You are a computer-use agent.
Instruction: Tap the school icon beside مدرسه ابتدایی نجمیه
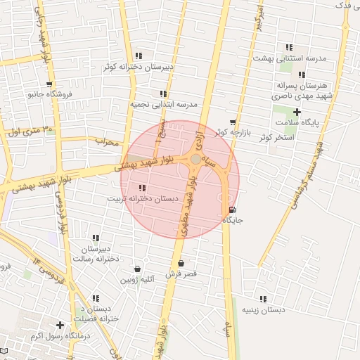pos(163,94)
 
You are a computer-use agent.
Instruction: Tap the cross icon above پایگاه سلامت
pos(297,112)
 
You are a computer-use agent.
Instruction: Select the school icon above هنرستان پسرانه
pos(302,75)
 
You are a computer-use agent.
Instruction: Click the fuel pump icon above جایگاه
pos(233,210)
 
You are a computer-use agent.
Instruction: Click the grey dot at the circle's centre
pos(195,160)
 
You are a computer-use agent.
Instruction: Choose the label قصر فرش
pos(181,273)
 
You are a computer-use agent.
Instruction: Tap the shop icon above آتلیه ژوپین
pos(137,269)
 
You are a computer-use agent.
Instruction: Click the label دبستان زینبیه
pos(264,309)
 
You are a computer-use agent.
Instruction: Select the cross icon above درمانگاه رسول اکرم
pos(60,325)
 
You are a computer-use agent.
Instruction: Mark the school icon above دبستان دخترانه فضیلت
pos(96,297)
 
